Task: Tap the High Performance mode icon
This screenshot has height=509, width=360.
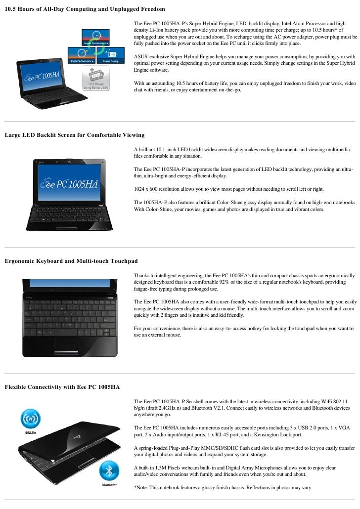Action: [82, 54]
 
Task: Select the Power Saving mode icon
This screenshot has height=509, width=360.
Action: [110, 54]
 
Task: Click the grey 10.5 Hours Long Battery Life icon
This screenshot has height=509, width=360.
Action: [96, 77]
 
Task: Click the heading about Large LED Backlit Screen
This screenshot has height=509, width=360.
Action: [74, 134]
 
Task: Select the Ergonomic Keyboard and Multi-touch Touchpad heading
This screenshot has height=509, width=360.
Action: [71, 260]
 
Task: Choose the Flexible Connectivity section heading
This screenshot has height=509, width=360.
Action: [62, 386]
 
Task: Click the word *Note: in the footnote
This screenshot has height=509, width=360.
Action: [142, 487]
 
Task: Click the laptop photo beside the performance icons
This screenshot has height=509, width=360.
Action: [37, 82]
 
